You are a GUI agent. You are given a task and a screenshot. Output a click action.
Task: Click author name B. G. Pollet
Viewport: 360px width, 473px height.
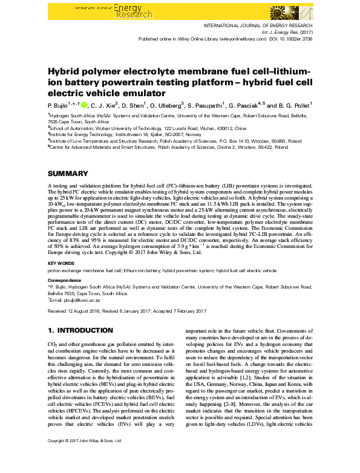pos(292,104)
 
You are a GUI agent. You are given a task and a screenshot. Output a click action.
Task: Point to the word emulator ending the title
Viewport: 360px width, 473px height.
pos(142,93)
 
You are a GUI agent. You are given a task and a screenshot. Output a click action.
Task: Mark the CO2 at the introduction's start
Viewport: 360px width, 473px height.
pos(53,344)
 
